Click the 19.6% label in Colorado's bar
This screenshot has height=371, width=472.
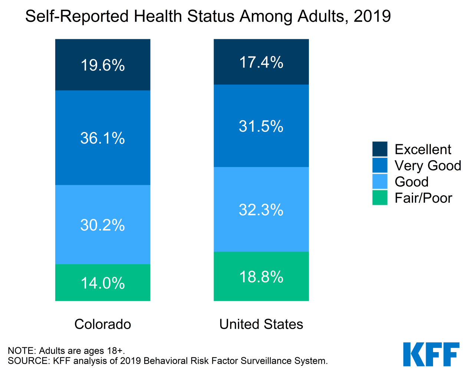point(103,65)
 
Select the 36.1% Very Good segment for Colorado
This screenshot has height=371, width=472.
point(103,138)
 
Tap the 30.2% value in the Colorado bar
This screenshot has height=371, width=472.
point(103,225)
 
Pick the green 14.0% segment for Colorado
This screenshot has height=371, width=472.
point(103,283)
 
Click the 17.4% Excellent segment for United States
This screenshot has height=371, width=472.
point(261,62)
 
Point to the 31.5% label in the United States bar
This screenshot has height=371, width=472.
point(261,127)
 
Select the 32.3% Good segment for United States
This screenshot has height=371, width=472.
point(261,210)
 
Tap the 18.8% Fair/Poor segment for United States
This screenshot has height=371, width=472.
point(261,277)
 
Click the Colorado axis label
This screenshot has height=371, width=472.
point(103,324)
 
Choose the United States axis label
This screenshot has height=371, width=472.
point(261,324)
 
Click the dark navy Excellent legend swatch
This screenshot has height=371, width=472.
point(380,149)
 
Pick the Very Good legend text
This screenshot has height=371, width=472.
point(428,165)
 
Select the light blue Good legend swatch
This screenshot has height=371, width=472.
point(380,181)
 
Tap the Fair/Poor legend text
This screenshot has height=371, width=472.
point(423,198)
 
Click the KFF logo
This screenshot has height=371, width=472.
point(431,354)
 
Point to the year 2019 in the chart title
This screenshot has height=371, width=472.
point(372,16)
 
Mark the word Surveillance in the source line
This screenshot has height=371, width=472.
point(266,361)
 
